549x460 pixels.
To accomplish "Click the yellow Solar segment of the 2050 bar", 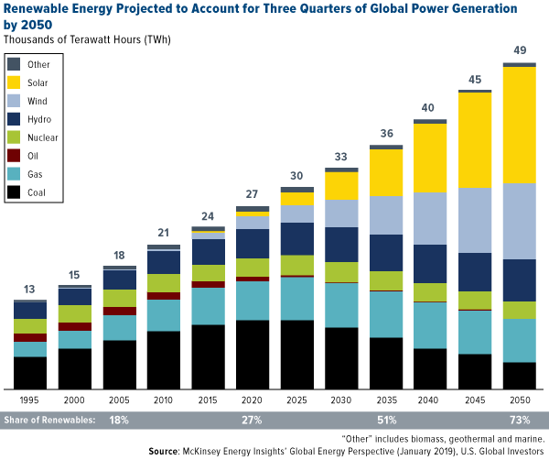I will (519, 125).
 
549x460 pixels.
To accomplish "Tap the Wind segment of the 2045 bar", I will (475, 220).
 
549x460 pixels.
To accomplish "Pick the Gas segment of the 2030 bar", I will (341, 305).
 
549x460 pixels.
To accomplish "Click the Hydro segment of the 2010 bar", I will (163, 262).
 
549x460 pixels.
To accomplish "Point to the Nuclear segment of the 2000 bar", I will (74, 314).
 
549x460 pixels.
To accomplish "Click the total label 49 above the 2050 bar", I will (519, 50).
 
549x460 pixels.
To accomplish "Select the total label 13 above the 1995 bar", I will (30, 289).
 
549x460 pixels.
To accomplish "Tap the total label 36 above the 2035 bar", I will (385, 134).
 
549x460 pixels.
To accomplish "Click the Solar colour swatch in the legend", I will (14, 83).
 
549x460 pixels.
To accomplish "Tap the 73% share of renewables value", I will (519, 420).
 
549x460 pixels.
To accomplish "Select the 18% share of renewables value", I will (119, 420).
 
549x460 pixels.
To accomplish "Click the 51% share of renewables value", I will (385, 420).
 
